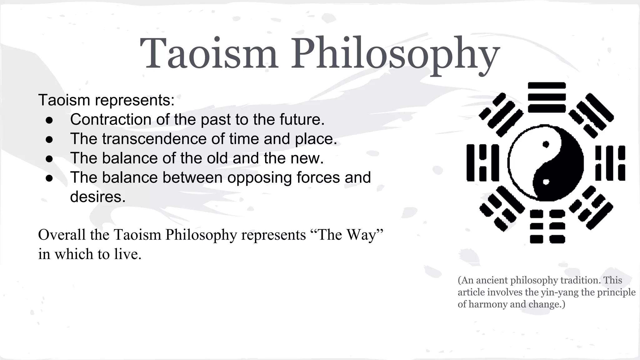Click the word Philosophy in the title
pyautogui.click(x=395, y=55)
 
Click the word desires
pyautogui.click(x=97, y=197)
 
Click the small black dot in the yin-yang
pyautogui.click(x=546, y=144)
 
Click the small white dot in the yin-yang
pyautogui.click(x=546, y=182)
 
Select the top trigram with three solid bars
pyautogui.click(x=547, y=97)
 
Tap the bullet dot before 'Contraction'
pyautogui.click(x=49, y=120)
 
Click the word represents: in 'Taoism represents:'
pyautogui.click(x=135, y=100)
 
